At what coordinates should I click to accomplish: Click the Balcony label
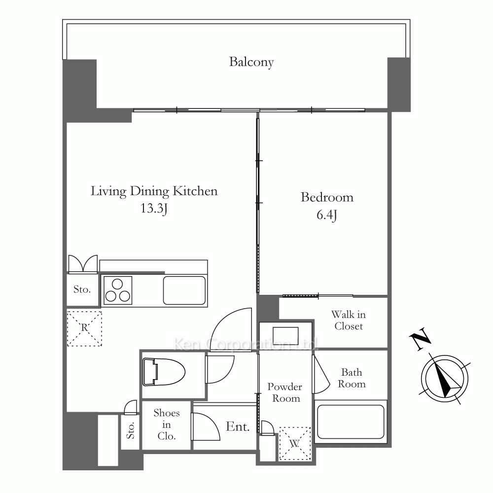tap(251, 62)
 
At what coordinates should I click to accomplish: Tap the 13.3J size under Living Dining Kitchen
tap(153, 208)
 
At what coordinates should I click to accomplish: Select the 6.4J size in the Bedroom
tap(327, 215)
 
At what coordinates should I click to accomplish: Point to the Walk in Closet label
tap(349, 320)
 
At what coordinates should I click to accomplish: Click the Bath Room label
tap(352, 378)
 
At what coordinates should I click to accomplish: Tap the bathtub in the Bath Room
tap(351, 422)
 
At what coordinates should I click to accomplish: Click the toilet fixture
tap(164, 372)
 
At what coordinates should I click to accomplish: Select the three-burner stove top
tap(118, 290)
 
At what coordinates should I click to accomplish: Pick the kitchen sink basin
tap(184, 290)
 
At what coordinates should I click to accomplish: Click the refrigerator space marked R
tap(84, 328)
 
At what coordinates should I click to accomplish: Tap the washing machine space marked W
tap(295, 444)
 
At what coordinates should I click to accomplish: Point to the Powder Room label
tap(285, 392)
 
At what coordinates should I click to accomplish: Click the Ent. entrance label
tap(238, 426)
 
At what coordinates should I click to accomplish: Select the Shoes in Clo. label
tap(166, 424)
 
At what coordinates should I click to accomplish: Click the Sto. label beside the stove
tap(82, 289)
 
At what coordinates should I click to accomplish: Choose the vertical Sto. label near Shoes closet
tap(131, 430)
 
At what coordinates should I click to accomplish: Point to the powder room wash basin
tap(285, 334)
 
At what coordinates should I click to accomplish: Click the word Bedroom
tap(327, 198)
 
